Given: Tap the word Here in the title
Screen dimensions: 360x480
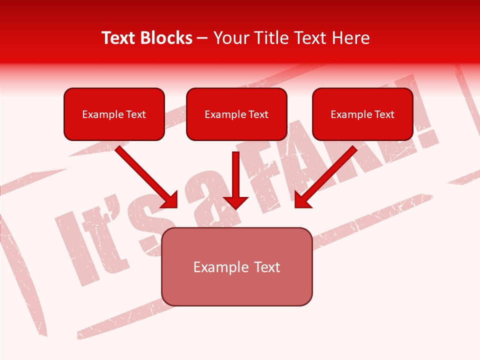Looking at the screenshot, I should coord(349,38).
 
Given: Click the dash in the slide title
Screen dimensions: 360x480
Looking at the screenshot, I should coord(202,38).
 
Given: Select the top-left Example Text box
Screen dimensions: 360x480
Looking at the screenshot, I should coord(114,114).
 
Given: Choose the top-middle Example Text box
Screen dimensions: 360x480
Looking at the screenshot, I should coord(236,114).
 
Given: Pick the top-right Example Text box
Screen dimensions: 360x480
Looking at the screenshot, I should coord(362,114).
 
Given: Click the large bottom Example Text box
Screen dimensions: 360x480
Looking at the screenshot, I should coord(236,266).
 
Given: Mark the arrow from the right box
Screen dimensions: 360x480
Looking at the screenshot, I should coord(327,175).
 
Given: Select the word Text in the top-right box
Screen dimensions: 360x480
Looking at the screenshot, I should coord(384,114).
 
